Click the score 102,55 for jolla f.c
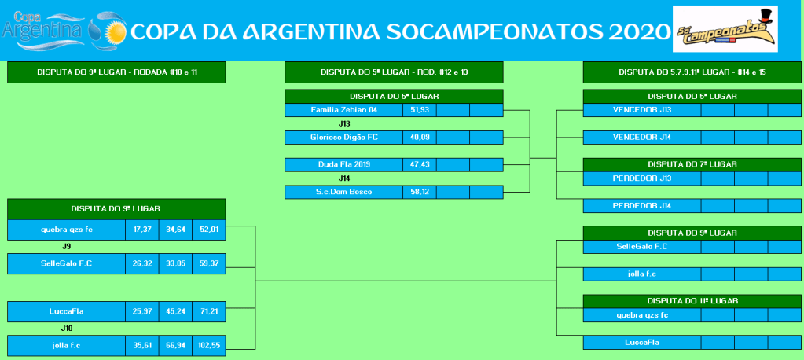[x=209, y=346]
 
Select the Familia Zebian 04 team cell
[x=343, y=110]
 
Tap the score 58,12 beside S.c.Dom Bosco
[x=420, y=192]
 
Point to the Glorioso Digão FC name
[x=343, y=137]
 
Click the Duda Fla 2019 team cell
[x=343, y=164]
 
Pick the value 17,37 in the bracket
[x=142, y=230]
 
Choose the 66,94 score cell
[x=175, y=346]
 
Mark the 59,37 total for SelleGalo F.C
[x=209, y=263]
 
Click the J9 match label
[x=66, y=247]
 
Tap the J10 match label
[x=66, y=329]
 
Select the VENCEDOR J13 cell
[x=642, y=110]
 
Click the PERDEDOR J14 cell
[x=642, y=206]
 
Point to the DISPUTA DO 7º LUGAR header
[x=692, y=164]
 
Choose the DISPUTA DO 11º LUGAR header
[x=692, y=301]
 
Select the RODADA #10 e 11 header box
[x=116, y=72]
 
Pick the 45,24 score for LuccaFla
[x=175, y=312]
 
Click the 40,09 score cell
[x=420, y=137]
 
